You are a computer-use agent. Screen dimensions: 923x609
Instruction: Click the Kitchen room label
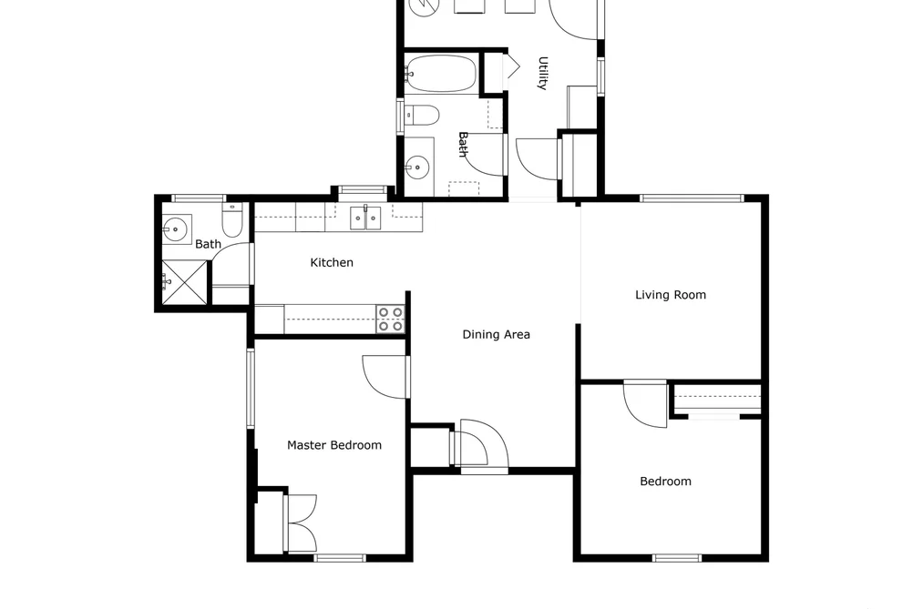click(332, 263)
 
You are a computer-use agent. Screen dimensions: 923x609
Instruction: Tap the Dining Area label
click(497, 334)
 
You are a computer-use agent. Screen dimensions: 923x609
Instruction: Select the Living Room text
click(671, 295)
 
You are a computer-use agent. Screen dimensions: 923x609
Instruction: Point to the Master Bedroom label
click(334, 445)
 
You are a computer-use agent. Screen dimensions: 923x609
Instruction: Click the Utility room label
click(543, 73)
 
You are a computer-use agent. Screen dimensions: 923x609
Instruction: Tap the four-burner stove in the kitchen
click(391, 320)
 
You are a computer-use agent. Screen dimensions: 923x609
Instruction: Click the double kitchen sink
click(365, 218)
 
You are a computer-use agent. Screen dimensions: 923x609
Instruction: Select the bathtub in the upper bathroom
click(440, 74)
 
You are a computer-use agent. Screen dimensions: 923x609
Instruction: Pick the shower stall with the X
click(185, 283)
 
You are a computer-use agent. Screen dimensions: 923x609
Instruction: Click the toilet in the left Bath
click(232, 220)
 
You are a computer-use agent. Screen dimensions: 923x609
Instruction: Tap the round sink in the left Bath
click(175, 229)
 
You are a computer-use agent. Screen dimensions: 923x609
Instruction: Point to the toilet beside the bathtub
click(422, 116)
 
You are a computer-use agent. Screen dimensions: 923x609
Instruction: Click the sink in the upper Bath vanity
click(417, 167)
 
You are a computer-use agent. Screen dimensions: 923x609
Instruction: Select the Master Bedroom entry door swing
click(385, 377)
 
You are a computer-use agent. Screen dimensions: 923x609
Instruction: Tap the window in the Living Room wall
click(692, 198)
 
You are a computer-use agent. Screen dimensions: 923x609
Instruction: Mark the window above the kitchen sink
click(363, 189)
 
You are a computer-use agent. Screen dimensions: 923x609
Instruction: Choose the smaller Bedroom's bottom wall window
click(677, 558)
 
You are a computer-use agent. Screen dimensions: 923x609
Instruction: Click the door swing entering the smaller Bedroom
click(645, 404)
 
